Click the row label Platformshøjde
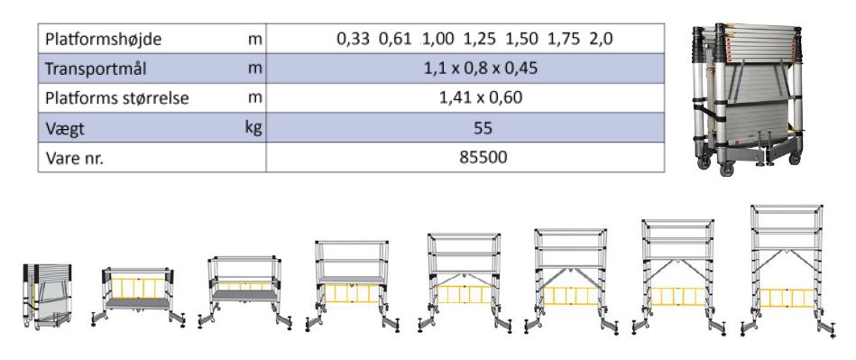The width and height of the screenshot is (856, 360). click(103, 40)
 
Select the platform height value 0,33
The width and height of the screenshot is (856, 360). click(354, 40)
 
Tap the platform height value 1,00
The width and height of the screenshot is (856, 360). click(437, 40)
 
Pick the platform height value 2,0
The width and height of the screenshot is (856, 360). click(601, 40)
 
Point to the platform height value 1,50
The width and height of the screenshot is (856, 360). click(521, 40)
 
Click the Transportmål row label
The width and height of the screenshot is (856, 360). click(96, 69)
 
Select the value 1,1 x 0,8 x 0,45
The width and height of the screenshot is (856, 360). click(481, 69)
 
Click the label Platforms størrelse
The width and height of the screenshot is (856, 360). click(117, 99)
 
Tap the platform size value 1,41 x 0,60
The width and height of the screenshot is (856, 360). click(481, 98)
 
